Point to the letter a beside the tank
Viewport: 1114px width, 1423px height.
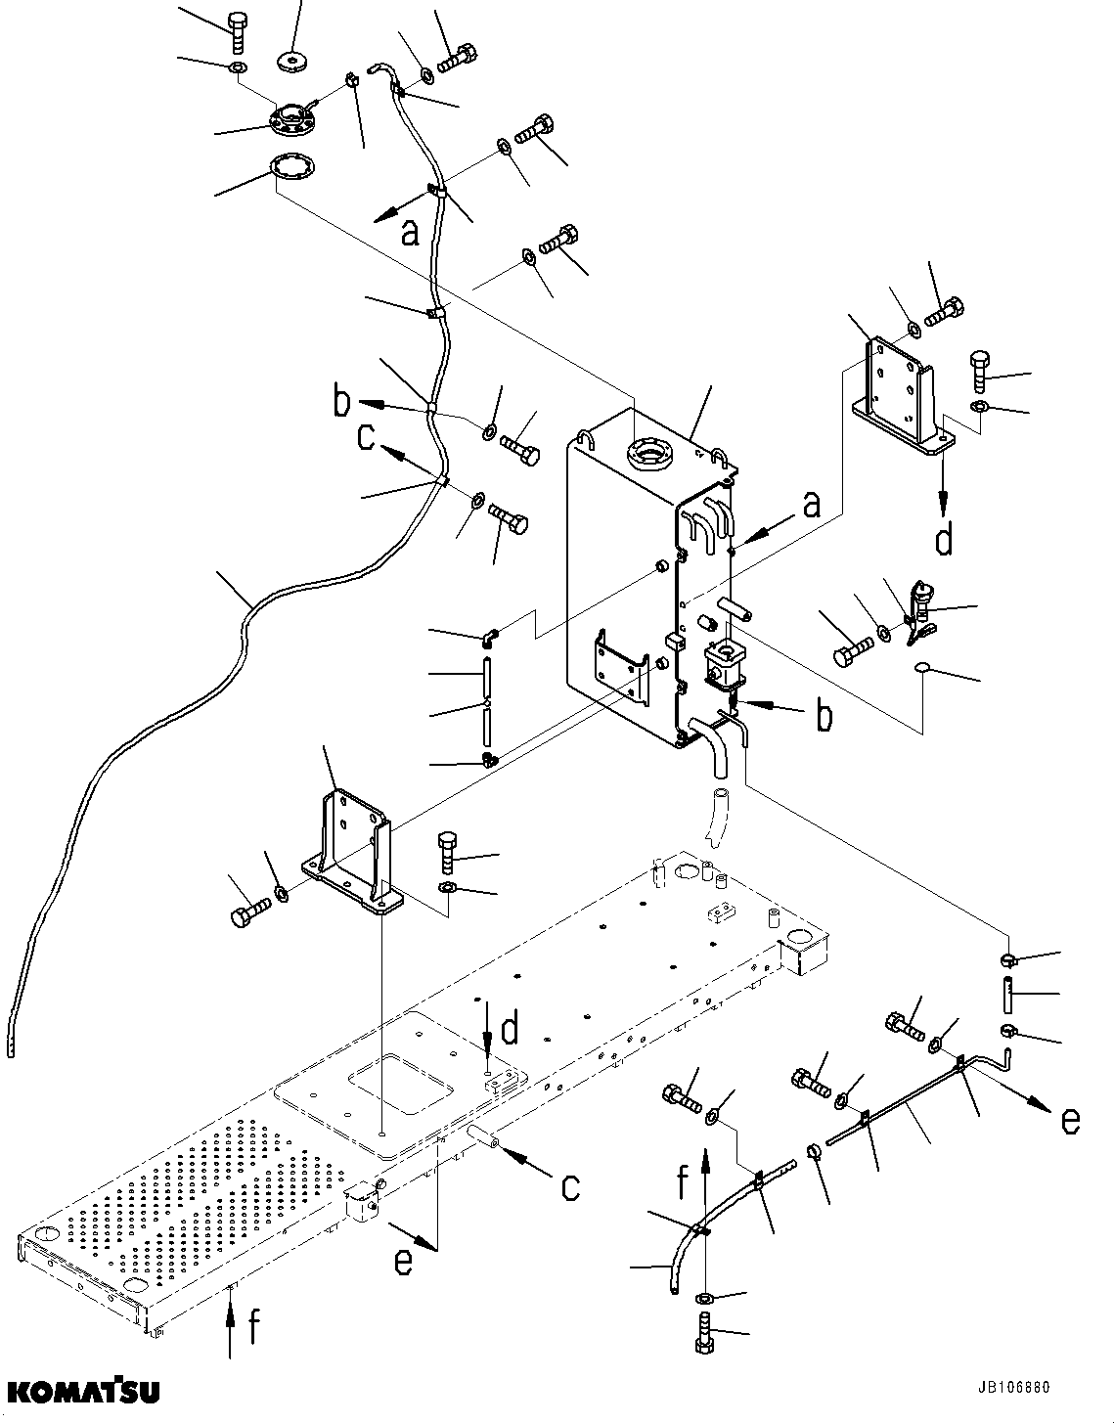point(811,505)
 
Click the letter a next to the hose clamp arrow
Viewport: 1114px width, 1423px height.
point(410,232)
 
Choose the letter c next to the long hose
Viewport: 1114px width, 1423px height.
point(366,435)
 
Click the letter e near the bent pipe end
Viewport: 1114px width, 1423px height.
point(1070,1120)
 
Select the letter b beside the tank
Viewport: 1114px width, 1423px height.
point(824,716)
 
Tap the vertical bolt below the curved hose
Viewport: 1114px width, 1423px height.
point(704,1334)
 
